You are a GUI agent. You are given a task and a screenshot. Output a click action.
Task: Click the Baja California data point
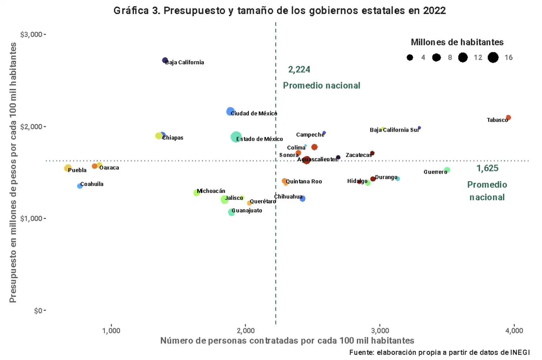tap(165, 60)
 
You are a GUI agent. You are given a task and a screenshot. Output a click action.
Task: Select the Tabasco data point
tap(508, 118)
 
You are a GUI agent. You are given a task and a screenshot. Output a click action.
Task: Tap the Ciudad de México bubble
tap(230, 112)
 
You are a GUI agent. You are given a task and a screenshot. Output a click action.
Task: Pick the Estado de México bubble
tap(236, 137)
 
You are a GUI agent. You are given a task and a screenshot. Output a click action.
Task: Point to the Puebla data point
tap(68, 168)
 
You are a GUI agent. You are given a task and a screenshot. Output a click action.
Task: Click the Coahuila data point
tap(80, 186)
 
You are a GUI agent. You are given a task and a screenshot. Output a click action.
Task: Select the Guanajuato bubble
tap(231, 212)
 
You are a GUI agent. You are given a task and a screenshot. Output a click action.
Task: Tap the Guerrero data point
tap(447, 170)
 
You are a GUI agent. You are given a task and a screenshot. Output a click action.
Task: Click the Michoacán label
tap(211, 191)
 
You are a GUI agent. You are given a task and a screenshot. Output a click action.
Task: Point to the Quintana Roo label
tap(304, 182)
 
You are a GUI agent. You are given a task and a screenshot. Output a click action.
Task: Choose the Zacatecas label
tap(358, 155)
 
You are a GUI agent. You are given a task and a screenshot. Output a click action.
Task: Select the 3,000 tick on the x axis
tap(380, 331)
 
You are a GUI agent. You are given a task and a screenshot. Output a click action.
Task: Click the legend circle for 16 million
tap(493, 58)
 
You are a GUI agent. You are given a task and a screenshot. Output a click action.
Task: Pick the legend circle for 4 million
tap(410, 58)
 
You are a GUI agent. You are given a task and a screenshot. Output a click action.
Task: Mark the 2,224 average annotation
tap(299, 70)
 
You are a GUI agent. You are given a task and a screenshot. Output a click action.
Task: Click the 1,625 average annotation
tap(487, 168)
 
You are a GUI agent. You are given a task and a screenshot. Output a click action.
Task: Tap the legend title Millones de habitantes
tap(457, 42)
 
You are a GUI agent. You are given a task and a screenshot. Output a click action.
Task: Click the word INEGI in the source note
tap(520, 352)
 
